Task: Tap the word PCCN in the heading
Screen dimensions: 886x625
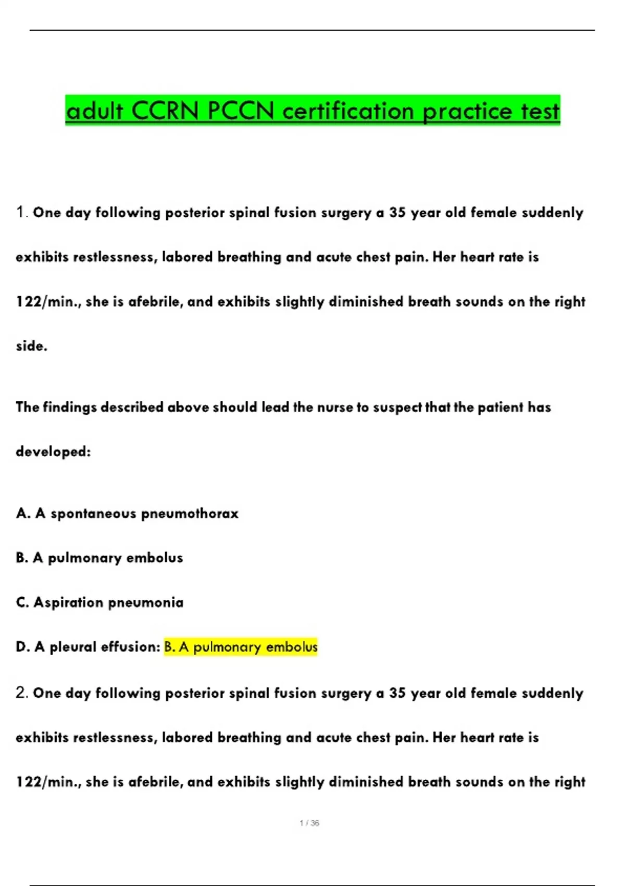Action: (x=241, y=111)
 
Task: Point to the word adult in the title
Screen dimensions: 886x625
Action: (x=95, y=111)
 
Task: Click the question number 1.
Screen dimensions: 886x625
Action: (x=21, y=212)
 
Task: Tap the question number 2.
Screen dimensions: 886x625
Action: (x=21, y=693)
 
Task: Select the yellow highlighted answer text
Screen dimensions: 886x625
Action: (x=241, y=647)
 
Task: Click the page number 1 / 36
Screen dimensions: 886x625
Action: (x=309, y=823)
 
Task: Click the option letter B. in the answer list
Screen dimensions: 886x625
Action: (x=22, y=558)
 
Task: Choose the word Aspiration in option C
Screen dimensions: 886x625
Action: (x=68, y=602)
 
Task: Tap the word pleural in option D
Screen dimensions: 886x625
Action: (x=73, y=647)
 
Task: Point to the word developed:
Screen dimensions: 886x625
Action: (x=53, y=451)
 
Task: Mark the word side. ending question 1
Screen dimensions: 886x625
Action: (x=31, y=346)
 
